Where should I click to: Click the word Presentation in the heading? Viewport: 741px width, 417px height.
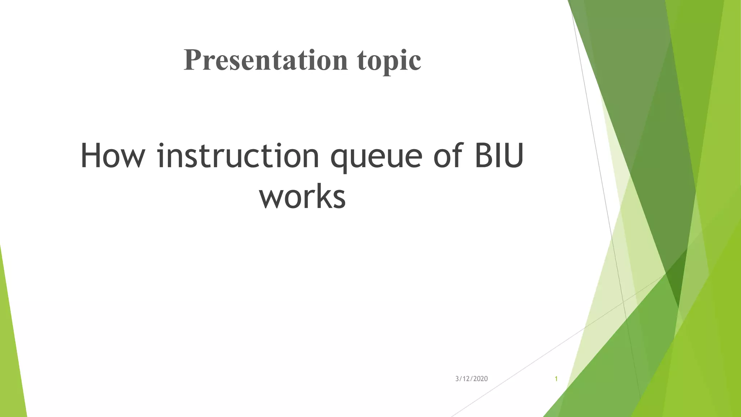266,60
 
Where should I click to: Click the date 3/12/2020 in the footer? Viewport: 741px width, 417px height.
471,379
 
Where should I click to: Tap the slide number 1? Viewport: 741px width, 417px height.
556,379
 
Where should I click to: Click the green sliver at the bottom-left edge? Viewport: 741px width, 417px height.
11,362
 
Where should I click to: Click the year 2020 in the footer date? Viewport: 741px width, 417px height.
480,379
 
